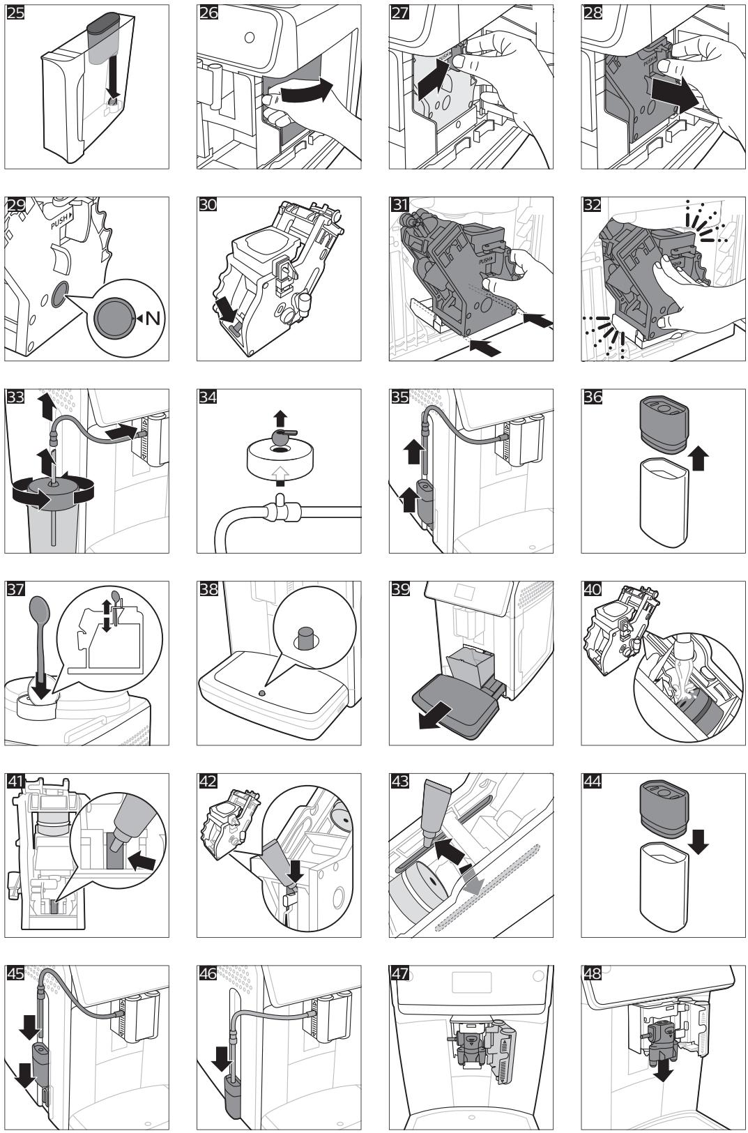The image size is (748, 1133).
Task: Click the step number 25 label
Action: [x=15, y=13]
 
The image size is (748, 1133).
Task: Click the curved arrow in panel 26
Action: [x=307, y=93]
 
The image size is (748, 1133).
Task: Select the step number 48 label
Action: [x=592, y=973]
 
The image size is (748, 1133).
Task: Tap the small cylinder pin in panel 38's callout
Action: [x=305, y=638]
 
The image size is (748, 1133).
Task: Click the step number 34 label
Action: [x=207, y=397]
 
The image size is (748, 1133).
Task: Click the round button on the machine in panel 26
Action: [x=249, y=38]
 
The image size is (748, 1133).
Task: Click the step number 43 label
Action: [x=399, y=781]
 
